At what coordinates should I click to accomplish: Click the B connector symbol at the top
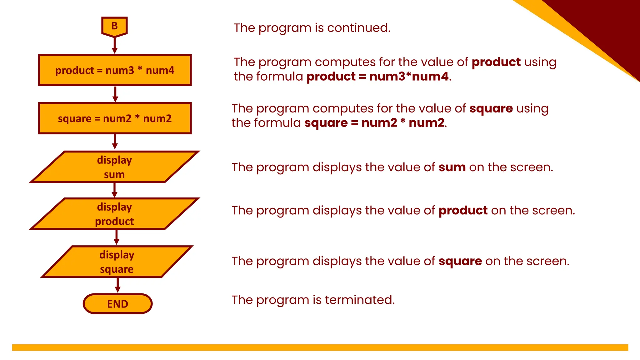click(114, 26)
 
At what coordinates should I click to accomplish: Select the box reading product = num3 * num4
click(115, 70)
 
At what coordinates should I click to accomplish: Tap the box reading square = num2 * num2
click(115, 118)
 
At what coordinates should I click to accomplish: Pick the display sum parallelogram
click(114, 167)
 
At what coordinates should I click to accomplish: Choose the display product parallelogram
click(114, 214)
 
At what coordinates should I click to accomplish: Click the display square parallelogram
click(117, 262)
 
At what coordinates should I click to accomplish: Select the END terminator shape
click(117, 303)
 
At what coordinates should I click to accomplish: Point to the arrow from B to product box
click(115, 46)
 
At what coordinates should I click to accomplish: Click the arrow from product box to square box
click(115, 94)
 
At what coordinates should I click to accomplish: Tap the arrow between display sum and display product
click(114, 190)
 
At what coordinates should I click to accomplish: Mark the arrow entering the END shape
click(117, 285)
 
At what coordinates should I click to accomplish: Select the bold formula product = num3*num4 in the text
click(377, 77)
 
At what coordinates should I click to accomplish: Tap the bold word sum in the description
click(452, 167)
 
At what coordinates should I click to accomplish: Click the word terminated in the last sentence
click(359, 300)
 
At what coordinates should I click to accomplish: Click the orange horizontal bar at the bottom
click(320, 347)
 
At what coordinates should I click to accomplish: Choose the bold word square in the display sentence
click(460, 261)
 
